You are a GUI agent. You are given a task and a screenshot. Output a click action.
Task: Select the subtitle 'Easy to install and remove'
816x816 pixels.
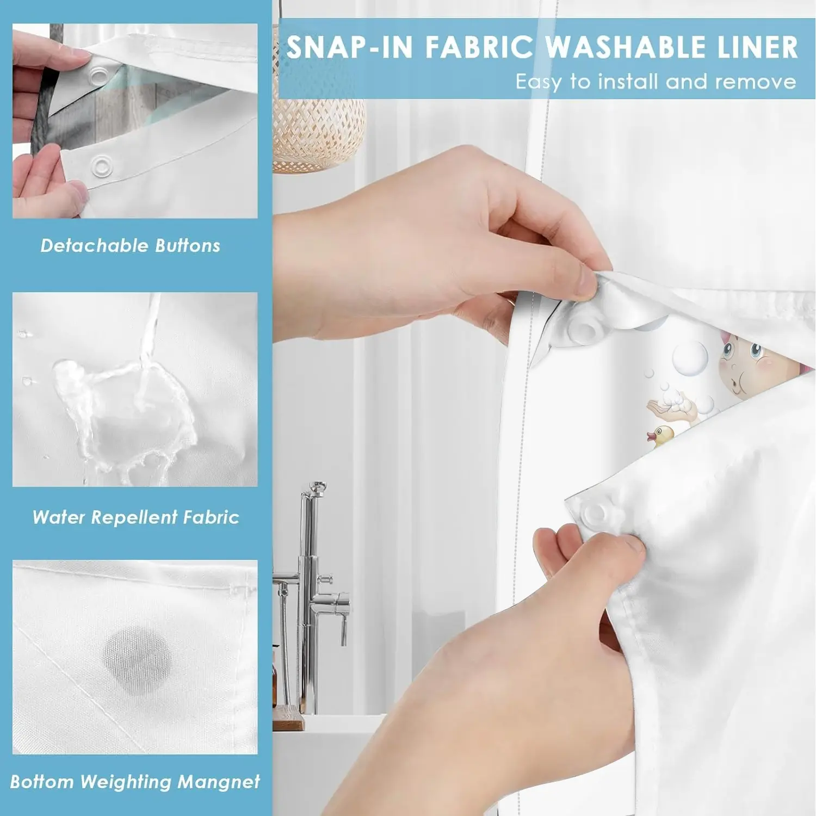656,82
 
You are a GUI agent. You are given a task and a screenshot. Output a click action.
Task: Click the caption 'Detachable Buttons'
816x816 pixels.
131,246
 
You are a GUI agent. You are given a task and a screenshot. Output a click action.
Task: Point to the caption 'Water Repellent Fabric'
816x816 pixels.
135,517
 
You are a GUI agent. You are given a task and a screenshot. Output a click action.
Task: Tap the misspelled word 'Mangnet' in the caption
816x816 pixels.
219,782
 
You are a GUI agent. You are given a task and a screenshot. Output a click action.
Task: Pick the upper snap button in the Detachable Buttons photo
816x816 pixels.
99,72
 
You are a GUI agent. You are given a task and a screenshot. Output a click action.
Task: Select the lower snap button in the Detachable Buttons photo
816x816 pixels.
102,164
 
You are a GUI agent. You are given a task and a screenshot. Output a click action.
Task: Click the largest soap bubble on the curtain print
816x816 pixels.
690,358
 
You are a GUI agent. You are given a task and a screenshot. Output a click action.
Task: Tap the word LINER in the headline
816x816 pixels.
758,47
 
